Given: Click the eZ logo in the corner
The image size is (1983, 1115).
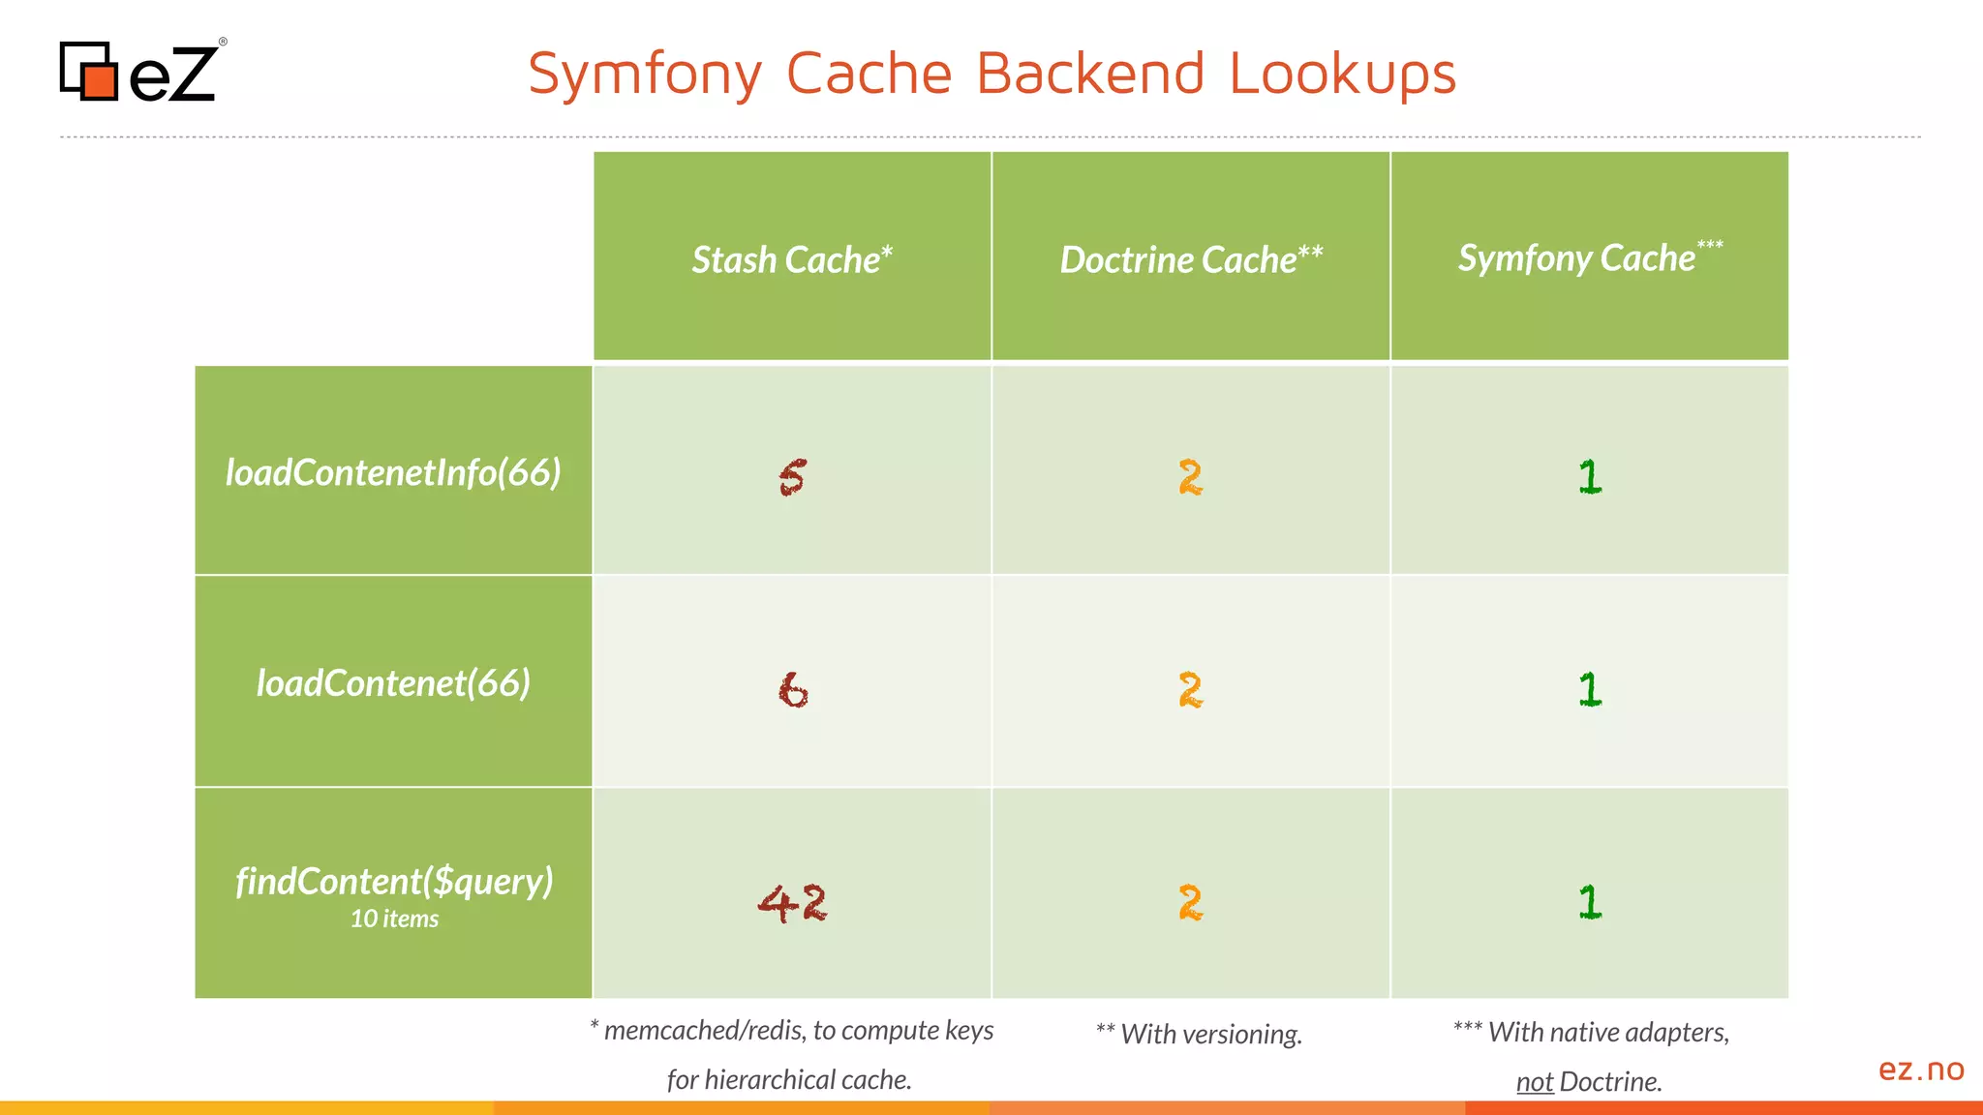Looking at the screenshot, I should [x=141, y=72].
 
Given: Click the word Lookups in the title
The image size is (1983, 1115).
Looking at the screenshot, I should [x=1342, y=74].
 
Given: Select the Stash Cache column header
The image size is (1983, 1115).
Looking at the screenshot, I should [x=791, y=259].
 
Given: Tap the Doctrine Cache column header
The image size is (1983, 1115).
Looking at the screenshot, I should [x=1190, y=259].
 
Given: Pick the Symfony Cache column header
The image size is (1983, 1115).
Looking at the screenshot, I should [x=1589, y=257].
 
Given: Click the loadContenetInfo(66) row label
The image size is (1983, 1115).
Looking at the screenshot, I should [x=393, y=472].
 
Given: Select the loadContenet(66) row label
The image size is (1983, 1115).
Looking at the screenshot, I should [x=393, y=683].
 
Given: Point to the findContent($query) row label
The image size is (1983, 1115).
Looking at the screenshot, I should [x=394, y=881].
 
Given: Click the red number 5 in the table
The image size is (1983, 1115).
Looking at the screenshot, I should [x=792, y=478].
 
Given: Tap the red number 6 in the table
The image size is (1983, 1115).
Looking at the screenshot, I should [x=793, y=690].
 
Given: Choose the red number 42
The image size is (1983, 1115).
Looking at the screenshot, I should [x=792, y=903].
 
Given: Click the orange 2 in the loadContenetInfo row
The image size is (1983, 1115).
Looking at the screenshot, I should [x=1190, y=478].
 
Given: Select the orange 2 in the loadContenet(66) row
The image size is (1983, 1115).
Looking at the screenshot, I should [x=1190, y=690].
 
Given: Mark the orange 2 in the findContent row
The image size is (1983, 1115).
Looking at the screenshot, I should [x=1190, y=903].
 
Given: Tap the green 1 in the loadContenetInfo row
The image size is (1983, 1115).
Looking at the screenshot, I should [x=1590, y=477].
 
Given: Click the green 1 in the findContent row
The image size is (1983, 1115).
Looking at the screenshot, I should [x=1590, y=902].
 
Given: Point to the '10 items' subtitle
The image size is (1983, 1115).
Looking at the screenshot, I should [x=394, y=919].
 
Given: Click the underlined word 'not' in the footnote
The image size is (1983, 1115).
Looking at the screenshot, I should [x=1535, y=1082].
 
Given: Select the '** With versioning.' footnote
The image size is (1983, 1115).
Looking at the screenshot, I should [x=1199, y=1034].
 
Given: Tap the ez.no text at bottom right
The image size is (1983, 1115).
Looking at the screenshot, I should [x=1921, y=1070].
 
